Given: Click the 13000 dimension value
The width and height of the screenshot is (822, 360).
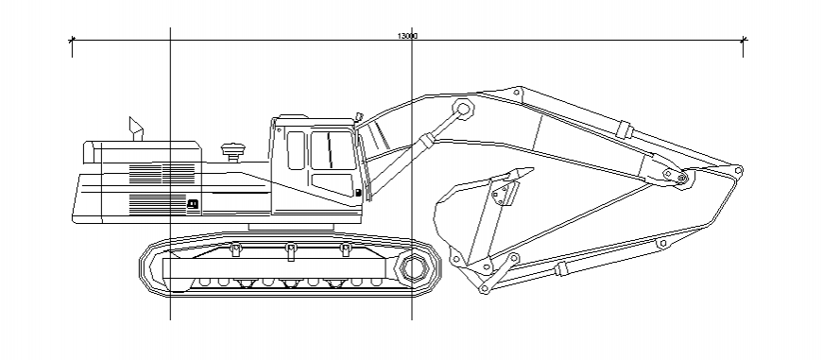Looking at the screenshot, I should pos(407,36).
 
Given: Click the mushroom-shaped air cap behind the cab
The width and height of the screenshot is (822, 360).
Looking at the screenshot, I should pos(231,149).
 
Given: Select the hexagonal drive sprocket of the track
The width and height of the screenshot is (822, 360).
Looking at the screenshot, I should pos(413,268).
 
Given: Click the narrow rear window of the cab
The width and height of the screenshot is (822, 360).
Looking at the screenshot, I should pos(296,150).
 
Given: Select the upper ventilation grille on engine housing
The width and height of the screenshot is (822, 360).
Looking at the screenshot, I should pos(161,173).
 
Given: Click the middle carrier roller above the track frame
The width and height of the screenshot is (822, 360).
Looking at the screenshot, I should pos(290,249).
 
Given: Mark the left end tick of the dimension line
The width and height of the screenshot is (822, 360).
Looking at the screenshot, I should pos(72,40).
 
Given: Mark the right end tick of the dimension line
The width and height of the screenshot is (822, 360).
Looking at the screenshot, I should pos(745,40).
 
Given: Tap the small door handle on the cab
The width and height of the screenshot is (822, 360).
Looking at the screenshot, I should pos(359,193).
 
